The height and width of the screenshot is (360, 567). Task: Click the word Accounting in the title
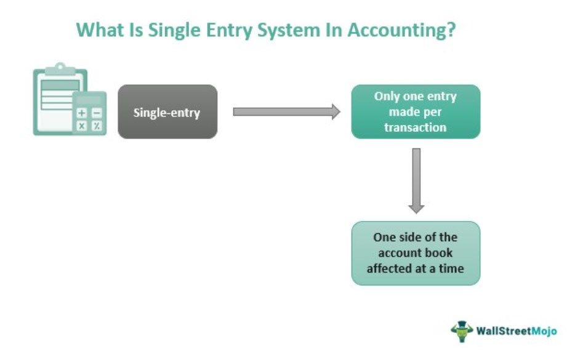coord(396,30)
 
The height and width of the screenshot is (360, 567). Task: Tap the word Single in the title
coord(174,30)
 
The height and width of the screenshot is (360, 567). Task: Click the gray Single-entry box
coord(167,111)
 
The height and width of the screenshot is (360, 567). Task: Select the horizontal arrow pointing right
coord(286,111)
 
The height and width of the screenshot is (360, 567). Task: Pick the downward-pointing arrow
coord(416,181)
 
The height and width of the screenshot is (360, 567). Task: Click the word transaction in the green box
coord(415,127)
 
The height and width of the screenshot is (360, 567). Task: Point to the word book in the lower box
coord(439,253)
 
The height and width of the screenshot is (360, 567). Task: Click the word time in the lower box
coord(451,268)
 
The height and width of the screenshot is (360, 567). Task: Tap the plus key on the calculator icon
coord(82,113)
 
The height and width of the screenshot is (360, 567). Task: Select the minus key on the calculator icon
coord(97,113)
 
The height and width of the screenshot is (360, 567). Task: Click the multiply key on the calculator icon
coord(82,126)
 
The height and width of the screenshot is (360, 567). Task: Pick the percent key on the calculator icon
coord(97,126)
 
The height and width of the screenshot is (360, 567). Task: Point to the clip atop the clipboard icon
coord(60,69)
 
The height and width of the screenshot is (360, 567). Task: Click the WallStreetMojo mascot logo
coord(462,331)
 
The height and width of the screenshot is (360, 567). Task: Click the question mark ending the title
coord(451,30)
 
